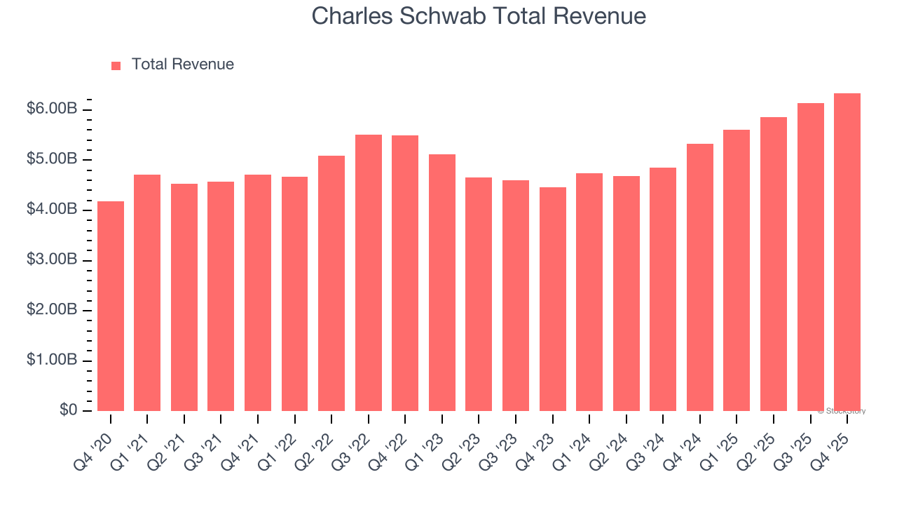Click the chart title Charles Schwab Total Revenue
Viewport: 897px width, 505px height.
click(x=479, y=16)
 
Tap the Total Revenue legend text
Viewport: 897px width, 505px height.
click(x=182, y=65)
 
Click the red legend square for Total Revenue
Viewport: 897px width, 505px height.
click(x=116, y=65)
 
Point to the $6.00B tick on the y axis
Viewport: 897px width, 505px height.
click(x=52, y=109)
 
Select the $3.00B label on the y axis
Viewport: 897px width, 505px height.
click(x=52, y=260)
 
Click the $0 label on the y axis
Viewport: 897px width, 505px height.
click(x=67, y=410)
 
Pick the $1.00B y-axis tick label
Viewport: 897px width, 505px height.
click(x=52, y=361)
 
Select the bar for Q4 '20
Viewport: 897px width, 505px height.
click(x=111, y=306)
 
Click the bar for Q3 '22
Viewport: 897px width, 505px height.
click(x=369, y=273)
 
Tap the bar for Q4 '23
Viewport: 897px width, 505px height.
click(x=553, y=299)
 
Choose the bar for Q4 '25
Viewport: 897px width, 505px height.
click(x=847, y=252)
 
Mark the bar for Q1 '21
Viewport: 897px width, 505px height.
click(x=147, y=292)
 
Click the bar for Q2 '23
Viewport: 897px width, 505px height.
click(x=479, y=294)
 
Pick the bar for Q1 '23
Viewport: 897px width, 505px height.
click(x=442, y=283)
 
